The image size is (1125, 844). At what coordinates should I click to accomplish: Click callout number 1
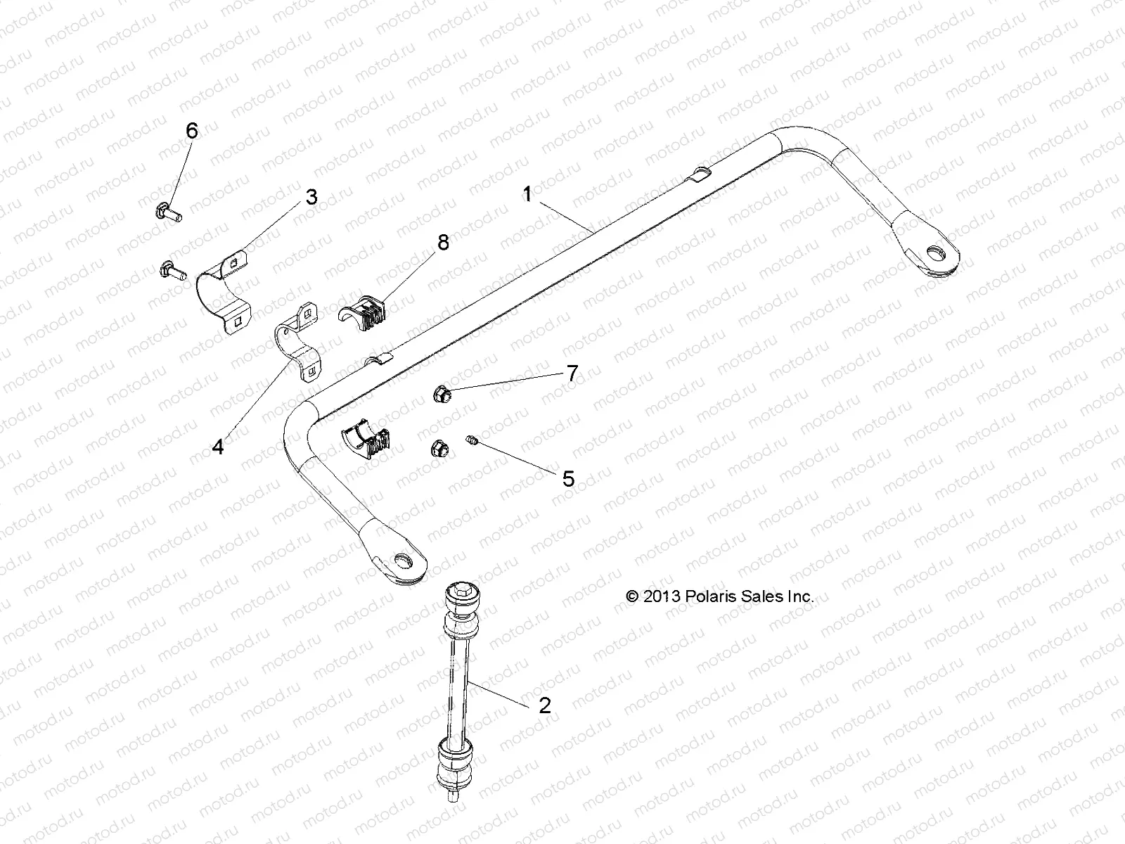pos(527,194)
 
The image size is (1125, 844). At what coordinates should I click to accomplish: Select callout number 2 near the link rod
pos(544,705)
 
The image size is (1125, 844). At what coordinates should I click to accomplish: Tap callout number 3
pos(311,197)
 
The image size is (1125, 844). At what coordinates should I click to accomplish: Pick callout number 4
pos(218,446)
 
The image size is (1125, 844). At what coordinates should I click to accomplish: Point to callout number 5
pos(568,479)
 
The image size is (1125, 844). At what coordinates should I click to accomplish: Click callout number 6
pos(191,131)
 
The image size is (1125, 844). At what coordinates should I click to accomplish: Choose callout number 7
pos(572,373)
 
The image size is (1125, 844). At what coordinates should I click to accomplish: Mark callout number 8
pos(442,243)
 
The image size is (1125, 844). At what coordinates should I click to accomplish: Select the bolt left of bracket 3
pos(171,268)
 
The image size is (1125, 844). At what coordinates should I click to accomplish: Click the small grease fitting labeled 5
pos(472,441)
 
